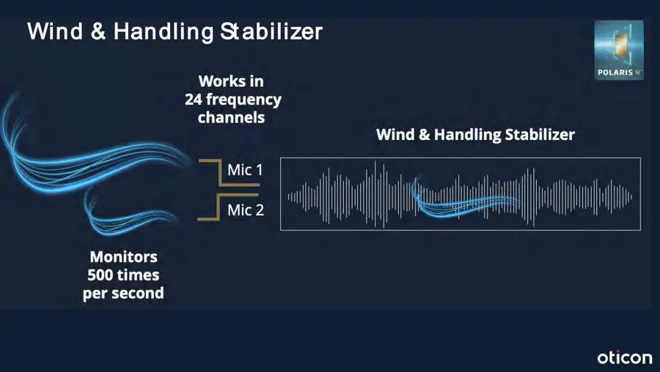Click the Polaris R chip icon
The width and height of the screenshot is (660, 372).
619,50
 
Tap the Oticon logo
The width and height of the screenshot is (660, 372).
625,357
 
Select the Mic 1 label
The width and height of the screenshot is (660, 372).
245,170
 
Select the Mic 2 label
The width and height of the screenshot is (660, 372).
246,209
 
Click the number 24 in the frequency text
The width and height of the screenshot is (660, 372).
193,100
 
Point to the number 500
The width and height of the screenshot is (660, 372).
99,275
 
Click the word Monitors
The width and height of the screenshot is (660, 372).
124,256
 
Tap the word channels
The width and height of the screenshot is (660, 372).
231,118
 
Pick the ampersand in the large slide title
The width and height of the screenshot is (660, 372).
98,31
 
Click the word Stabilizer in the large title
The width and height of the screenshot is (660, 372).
271,31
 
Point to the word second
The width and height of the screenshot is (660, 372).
138,293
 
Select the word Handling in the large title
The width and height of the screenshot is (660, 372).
164,32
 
